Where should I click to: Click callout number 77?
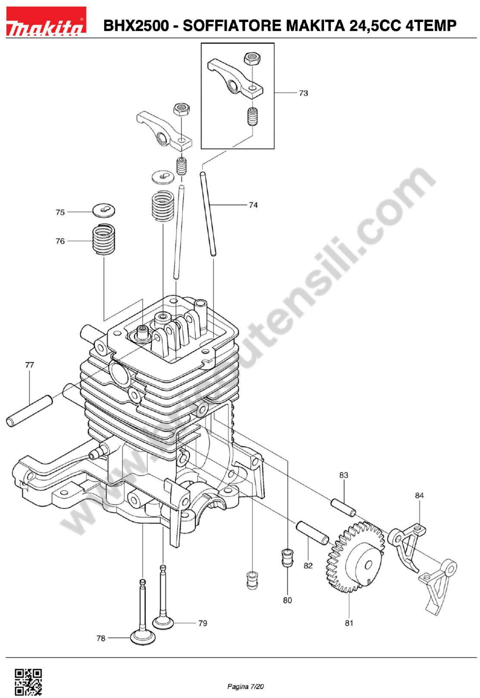click(29, 365)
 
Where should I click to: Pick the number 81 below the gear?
click(349, 623)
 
